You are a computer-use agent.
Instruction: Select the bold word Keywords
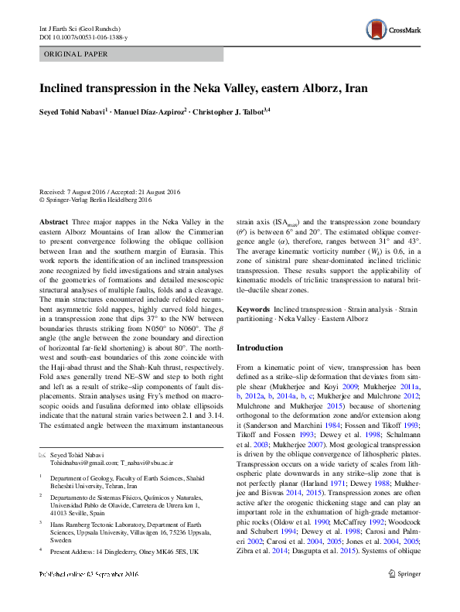pyautogui.click(x=254, y=309)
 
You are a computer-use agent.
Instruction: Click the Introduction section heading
pyautogui.click(x=259, y=347)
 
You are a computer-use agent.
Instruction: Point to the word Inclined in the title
pyautogui.click(x=63, y=88)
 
